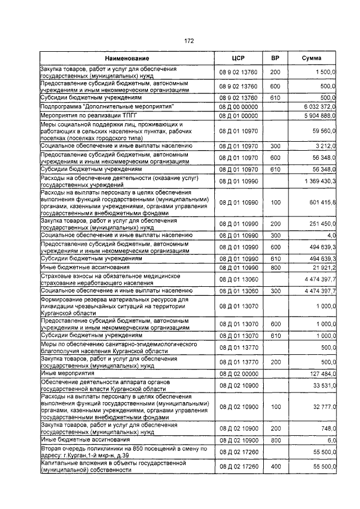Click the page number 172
189,40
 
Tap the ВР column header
275,58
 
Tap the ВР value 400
275,466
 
